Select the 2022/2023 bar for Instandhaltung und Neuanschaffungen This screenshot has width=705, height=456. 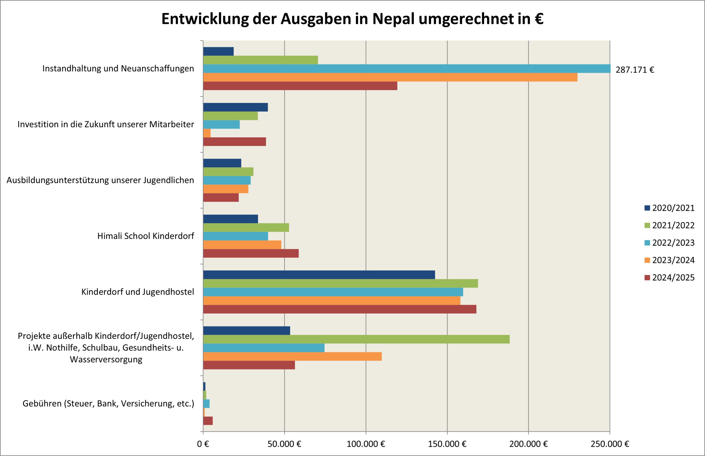click(407, 69)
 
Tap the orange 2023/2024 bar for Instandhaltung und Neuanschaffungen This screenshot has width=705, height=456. click(390, 77)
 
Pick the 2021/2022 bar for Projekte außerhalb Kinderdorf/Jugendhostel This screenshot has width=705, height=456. click(357, 339)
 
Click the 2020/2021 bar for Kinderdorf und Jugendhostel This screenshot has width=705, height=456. click(319, 275)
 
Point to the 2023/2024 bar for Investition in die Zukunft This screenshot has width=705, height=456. click(207, 133)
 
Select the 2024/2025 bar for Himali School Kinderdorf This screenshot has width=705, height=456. click(251, 253)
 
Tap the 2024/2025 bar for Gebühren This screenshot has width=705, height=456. click(208, 421)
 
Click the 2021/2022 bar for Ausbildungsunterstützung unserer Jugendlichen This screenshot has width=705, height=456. click(228, 172)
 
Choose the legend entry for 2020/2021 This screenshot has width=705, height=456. click(669, 208)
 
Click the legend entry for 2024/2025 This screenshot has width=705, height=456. click(669, 277)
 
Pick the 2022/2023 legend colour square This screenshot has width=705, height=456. click(647, 243)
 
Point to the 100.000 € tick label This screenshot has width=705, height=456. click(366, 444)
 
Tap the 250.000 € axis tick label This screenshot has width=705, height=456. click(610, 444)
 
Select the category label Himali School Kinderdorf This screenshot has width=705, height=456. click(146, 236)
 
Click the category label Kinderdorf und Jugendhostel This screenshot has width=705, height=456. click(138, 292)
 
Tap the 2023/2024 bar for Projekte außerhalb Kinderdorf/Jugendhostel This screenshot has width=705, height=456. click(292, 356)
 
